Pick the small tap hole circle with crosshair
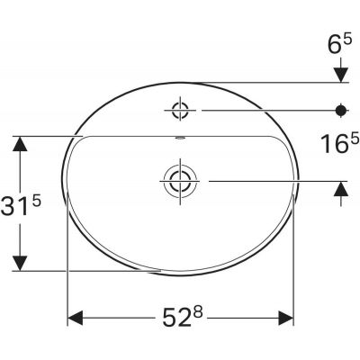pyautogui.click(x=180, y=111)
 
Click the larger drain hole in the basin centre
pyautogui.click(x=180, y=180)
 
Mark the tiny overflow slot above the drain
pyautogui.click(x=180, y=139)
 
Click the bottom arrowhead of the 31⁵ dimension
pyautogui.click(x=19, y=262)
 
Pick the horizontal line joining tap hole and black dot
pyautogui.click(x=261, y=111)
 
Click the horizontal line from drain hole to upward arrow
pyautogui.click(x=270, y=180)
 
